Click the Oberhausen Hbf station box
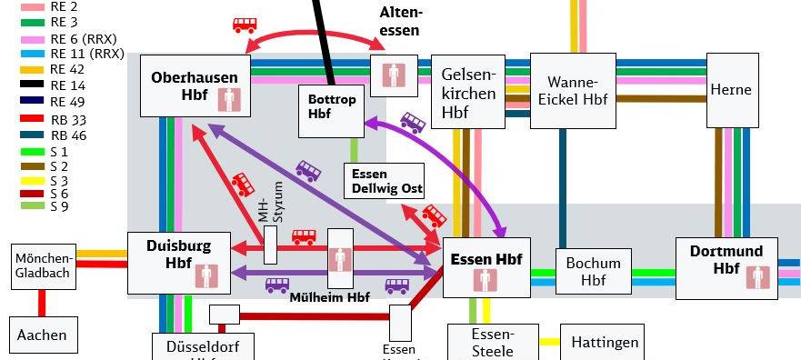195,85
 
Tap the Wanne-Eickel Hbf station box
572,89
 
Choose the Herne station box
732,90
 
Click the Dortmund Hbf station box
726,268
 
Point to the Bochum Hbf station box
593,271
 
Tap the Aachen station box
42,335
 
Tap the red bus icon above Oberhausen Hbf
244,25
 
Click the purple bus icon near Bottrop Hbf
413,122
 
